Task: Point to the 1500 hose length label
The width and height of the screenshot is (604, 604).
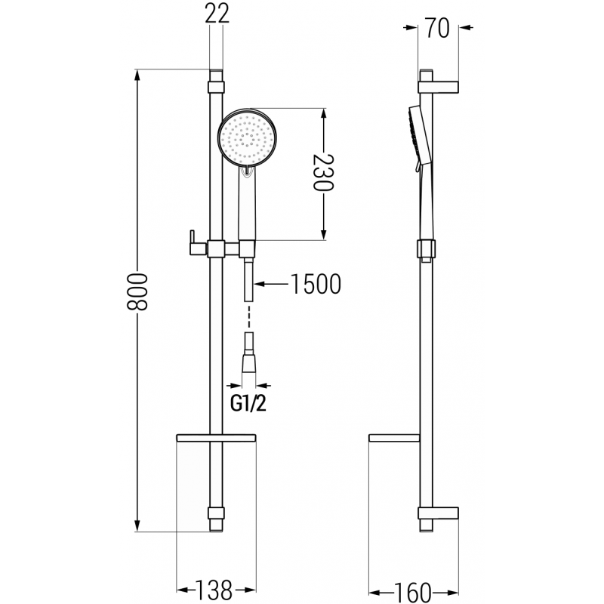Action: point(316,285)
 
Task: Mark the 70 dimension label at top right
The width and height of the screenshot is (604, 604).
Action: point(438,29)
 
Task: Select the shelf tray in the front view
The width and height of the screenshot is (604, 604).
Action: point(216,439)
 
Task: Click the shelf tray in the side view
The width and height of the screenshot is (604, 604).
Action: point(393,439)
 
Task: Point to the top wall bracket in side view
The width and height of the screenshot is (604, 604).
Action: point(439,82)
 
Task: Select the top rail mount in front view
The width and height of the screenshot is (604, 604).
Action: point(217,79)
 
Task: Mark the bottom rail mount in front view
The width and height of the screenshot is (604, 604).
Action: point(217,518)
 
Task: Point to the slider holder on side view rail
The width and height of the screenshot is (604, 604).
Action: point(426,249)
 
